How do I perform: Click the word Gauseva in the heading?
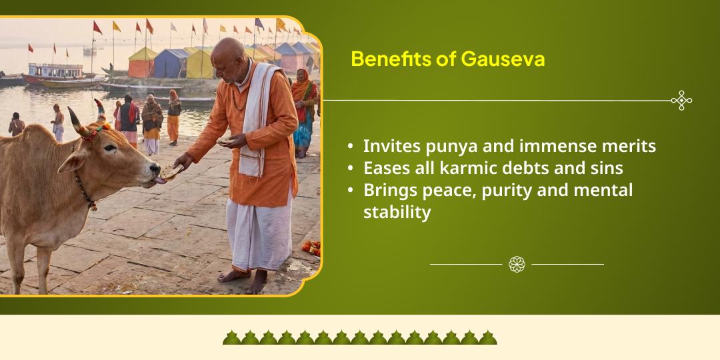[502, 59]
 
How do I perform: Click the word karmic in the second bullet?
[472, 168]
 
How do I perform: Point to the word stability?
[397, 212]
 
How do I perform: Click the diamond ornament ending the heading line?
[681, 101]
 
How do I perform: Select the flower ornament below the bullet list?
[517, 265]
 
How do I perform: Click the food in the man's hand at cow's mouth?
[170, 173]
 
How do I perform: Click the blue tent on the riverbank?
[171, 63]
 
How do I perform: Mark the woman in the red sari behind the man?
[303, 107]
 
